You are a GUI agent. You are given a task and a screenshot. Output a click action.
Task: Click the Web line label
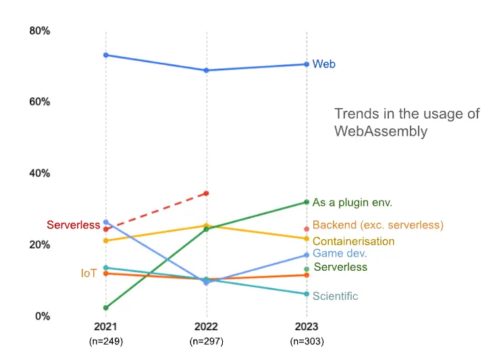coord(323,65)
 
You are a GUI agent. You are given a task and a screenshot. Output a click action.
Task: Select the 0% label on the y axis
coord(43,316)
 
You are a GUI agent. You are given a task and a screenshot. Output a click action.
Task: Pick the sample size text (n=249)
coord(106,342)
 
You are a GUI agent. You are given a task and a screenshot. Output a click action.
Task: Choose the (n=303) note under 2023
coord(307,342)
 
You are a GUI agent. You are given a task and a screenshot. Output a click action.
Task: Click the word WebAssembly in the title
coord(381,131)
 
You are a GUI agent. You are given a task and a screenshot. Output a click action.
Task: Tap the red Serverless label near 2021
coord(74,225)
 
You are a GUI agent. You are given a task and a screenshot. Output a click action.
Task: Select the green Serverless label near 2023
coord(341,267)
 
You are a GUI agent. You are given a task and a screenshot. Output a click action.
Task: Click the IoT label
coord(89,274)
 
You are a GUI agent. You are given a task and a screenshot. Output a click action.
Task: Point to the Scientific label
coord(335,297)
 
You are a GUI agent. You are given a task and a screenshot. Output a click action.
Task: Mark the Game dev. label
coord(340,254)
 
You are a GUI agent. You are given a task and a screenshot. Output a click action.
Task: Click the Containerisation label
coord(353,241)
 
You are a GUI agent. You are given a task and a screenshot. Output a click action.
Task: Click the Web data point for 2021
coord(106,55)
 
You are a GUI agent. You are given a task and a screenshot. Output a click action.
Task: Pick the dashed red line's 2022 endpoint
coord(206,193)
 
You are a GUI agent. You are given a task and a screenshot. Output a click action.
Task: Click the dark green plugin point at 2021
coord(106,308)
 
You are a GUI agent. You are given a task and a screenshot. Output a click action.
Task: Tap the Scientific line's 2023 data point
coord(307,294)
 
